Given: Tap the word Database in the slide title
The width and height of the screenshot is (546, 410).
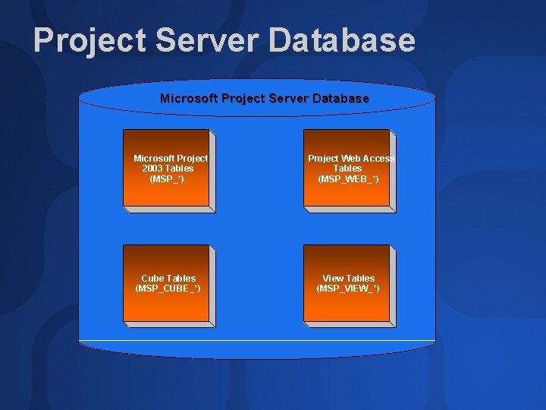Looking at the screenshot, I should pos(342,41).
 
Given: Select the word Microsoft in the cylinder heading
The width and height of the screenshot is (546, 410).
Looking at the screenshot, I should pos(188,99).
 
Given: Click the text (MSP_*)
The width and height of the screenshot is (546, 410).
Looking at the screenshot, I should pos(168,179).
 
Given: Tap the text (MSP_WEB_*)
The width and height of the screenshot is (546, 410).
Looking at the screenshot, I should pos(348,179).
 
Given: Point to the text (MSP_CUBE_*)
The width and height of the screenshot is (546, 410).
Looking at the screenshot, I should pos(168,289).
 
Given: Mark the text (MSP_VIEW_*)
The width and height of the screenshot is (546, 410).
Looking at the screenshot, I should pos(348,289).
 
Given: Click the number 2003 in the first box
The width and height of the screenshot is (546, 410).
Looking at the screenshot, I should pos(152,169).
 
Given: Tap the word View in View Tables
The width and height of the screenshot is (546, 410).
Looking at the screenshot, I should pos(333,279).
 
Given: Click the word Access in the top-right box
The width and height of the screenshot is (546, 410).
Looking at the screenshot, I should pos(379,159).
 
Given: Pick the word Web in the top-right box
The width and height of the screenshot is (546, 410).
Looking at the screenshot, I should pos(350,159).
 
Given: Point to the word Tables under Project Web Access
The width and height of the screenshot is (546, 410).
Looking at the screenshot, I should pos(348,169).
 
